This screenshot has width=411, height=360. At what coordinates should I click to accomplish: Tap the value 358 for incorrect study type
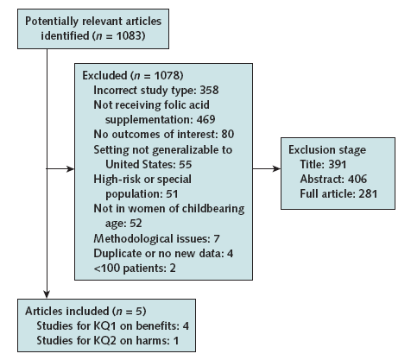point(209,90)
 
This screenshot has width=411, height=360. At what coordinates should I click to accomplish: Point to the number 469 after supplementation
point(205,119)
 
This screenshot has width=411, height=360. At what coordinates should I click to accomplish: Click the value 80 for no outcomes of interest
point(228,134)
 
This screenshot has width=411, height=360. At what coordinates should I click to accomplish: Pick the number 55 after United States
point(185,164)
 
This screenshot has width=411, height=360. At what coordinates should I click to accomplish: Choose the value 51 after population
point(172,193)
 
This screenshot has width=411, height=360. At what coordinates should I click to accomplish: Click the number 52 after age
point(136,224)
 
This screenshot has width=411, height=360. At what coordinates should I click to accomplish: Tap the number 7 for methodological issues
point(217,238)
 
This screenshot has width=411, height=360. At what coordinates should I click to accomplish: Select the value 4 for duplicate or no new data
point(230,254)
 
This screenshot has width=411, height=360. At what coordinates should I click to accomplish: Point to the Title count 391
point(338,164)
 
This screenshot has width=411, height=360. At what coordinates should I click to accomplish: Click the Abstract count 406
point(357,179)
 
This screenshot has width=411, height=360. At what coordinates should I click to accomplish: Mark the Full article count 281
point(368,193)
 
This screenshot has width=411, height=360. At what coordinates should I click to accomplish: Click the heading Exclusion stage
point(327,149)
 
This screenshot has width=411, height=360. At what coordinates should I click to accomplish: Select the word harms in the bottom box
point(153,341)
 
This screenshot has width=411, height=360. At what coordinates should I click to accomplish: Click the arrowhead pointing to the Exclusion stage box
point(276,168)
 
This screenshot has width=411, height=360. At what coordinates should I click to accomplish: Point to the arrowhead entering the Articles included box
point(47,294)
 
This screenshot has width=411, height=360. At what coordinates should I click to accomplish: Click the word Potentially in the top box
point(52,22)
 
